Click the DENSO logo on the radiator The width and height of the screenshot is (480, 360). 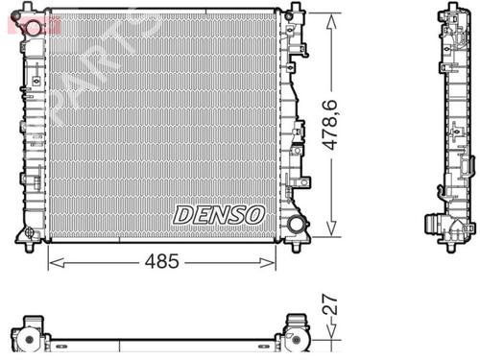point(219,214)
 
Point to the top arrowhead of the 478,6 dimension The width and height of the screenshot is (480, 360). point(331,18)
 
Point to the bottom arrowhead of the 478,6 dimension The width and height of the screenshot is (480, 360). point(331,231)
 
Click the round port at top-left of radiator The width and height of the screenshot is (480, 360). point(35,28)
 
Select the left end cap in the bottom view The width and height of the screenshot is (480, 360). point(35,334)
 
